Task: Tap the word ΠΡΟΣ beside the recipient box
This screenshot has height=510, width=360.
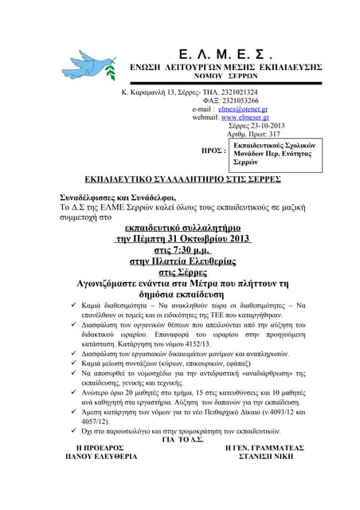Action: (x=214, y=150)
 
